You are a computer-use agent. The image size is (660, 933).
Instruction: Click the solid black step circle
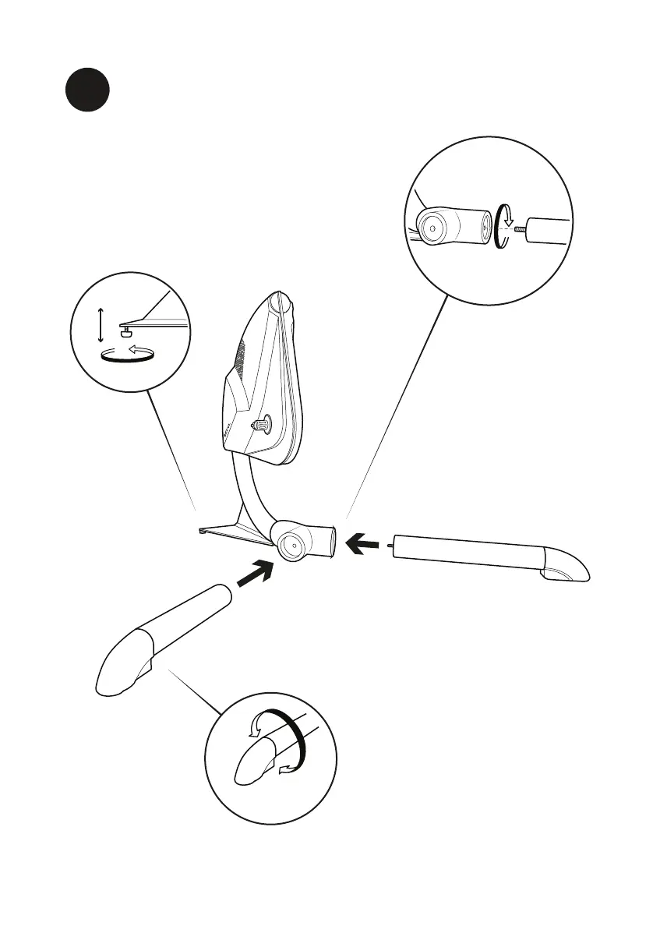pyautogui.click(x=86, y=90)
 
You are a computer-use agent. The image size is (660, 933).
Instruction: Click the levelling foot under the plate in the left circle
pyautogui.click(x=125, y=332)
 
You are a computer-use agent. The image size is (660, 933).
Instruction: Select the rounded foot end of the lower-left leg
pyautogui.click(x=117, y=670)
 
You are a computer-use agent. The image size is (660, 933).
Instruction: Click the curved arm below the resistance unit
pyautogui.click(x=248, y=491)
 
